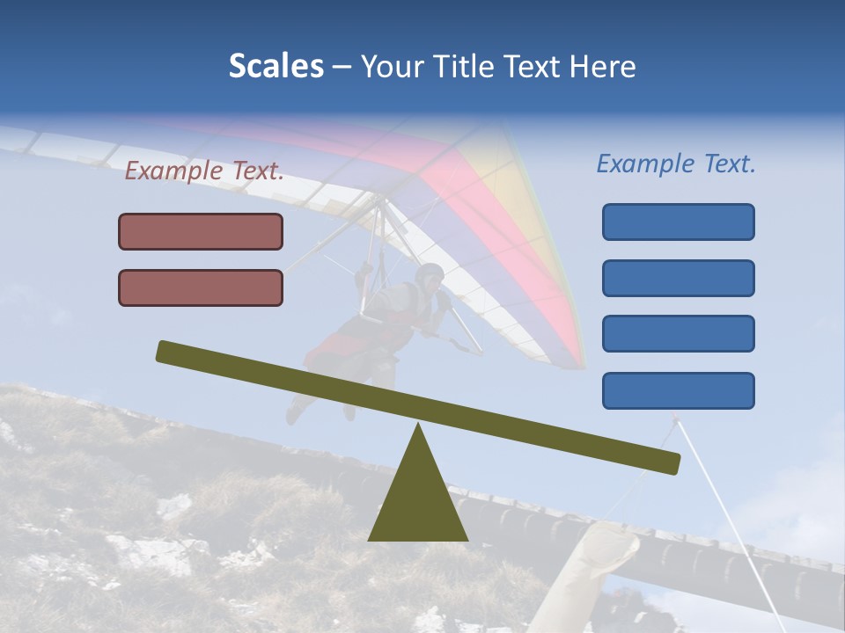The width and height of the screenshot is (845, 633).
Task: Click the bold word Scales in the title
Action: pos(276,67)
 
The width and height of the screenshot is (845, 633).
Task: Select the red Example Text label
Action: pos(204,171)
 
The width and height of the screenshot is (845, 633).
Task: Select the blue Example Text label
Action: pos(676,164)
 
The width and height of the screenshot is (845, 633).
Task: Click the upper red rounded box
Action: pos(201,231)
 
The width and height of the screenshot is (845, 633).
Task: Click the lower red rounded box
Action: pos(201,287)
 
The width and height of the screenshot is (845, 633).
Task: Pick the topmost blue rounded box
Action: pos(678,222)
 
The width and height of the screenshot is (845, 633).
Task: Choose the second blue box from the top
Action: pos(678,278)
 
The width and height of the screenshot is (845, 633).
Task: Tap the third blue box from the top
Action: pos(678,333)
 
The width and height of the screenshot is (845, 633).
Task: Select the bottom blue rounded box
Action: pos(678,390)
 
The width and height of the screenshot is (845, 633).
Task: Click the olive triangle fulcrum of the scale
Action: pos(417,497)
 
